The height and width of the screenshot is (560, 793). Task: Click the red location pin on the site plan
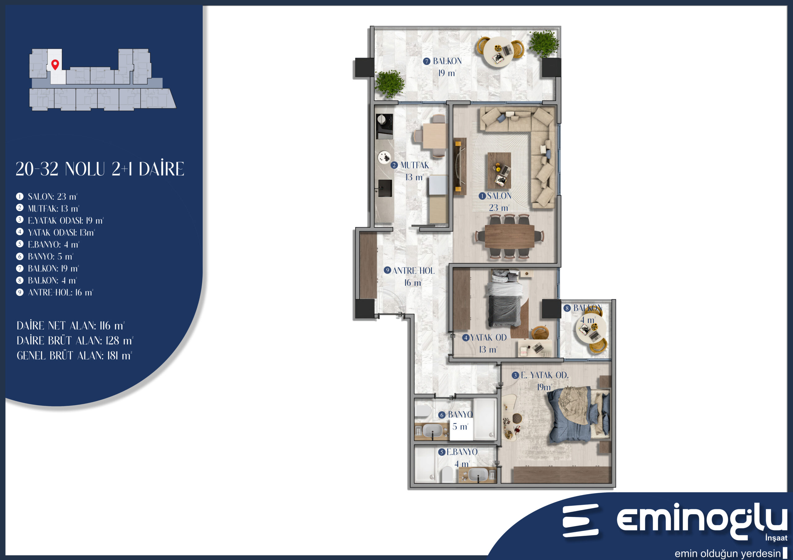[x=55, y=64]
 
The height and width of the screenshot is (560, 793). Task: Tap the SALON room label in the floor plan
[x=499, y=196]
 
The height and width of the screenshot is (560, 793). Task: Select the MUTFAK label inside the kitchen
[x=414, y=165]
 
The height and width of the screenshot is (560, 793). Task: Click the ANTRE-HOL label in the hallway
[x=414, y=271]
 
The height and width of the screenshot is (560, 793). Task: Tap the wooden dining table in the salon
[x=510, y=236]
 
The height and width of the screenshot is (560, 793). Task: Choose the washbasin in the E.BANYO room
[x=478, y=474]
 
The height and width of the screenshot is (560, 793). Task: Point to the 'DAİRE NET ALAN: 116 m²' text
[x=70, y=326]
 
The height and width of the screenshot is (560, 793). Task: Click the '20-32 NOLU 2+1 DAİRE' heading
[x=100, y=169]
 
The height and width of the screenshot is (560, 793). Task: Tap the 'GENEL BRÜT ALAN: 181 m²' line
[x=74, y=356]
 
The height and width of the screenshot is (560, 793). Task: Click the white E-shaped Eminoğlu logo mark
[x=580, y=521]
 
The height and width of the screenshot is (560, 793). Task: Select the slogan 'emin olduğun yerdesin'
[x=727, y=553]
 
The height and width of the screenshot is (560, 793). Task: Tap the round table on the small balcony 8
[x=591, y=328]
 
